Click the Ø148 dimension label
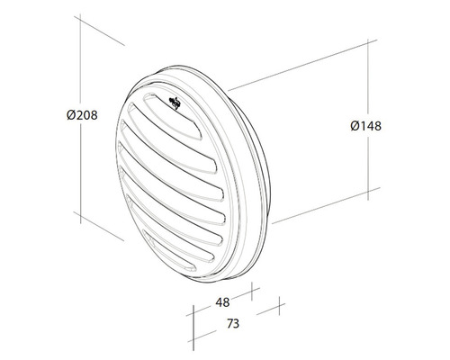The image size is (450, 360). pos(364,126)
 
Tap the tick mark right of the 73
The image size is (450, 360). pos(268,310)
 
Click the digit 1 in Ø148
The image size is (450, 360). pos(361,126)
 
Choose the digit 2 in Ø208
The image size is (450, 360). pos(76,117)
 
